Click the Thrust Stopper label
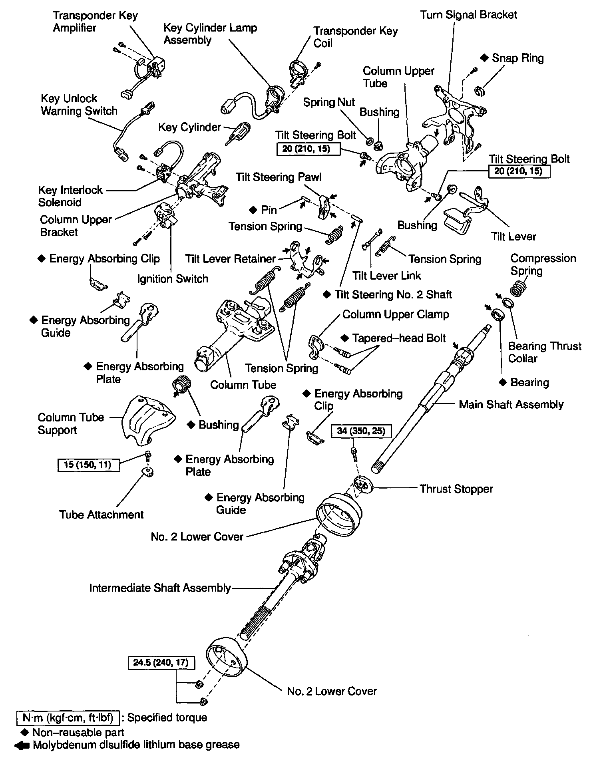(456, 489)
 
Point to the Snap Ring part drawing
(480, 91)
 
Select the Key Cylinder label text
(189, 127)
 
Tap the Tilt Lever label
(513, 236)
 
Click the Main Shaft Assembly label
(511, 404)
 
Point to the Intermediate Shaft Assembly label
(160, 588)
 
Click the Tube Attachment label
(101, 514)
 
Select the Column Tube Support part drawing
(147, 421)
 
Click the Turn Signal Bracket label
(468, 15)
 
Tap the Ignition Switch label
(173, 278)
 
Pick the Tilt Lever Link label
(386, 276)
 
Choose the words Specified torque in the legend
(167, 717)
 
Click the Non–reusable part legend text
(78, 732)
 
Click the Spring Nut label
(329, 102)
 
